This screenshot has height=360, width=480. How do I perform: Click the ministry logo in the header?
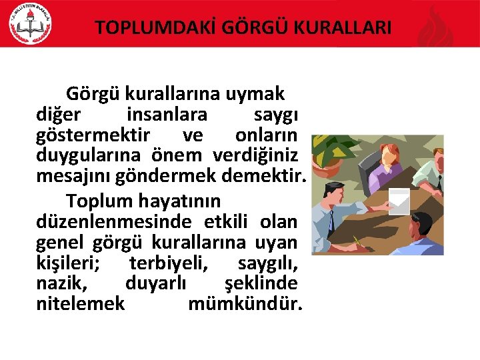pyautogui.click(x=29, y=23)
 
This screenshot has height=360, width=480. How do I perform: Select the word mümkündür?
pyautogui.click(x=245, y=304)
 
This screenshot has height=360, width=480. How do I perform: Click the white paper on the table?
pyautogui.click(x=399, y=199)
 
